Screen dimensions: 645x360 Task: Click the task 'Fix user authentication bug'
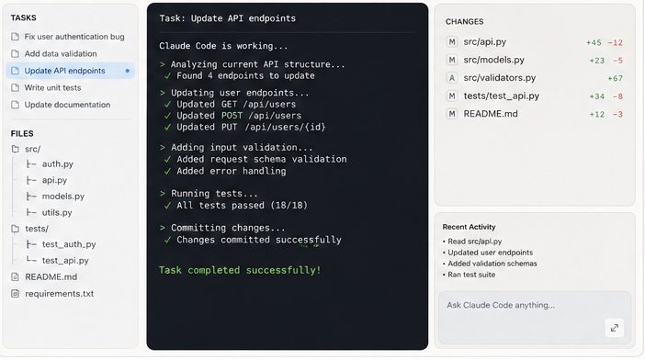pos(74,37)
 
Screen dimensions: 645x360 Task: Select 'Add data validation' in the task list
pos(61,54)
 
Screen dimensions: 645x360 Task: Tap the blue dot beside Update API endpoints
pos(128,71)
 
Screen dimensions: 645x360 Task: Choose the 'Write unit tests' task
pos(52,87)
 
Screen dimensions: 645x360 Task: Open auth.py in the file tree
pos(58,164)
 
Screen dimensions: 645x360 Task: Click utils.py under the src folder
pos(57,212)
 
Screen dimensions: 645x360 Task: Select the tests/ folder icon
pos(16,229)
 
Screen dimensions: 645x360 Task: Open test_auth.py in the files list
pos(69,244)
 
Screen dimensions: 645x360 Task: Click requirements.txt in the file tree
pos(59,294)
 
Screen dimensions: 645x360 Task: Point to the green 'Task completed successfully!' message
pos(240,270)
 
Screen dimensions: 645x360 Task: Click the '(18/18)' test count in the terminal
pos(289,205)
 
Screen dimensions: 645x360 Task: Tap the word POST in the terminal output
pos(232,116)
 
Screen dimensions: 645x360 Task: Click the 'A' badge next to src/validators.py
pos(452,78)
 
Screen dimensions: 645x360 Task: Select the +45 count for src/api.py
pos(594,42)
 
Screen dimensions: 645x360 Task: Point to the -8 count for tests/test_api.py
pos(617,96)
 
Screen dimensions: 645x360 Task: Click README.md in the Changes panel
pos(491,114)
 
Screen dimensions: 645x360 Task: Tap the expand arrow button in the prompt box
pos(615,328)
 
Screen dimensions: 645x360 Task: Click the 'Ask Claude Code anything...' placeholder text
pos(501,305)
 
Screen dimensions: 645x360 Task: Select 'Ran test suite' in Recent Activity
pos(471,275)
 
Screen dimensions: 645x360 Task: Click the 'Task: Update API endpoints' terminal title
pos(228,18)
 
